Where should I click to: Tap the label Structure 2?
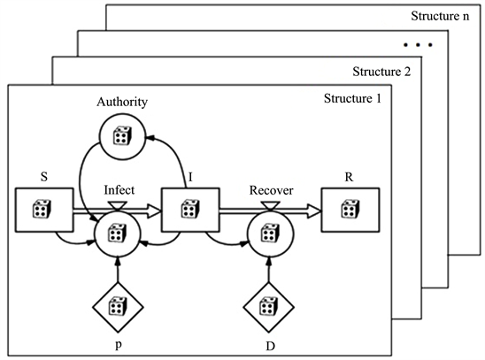(x=380, y=71)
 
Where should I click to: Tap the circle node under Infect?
(x=116, y=234)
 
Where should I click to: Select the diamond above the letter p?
(x=116, y=306)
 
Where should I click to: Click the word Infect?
(x=118, y=188)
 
